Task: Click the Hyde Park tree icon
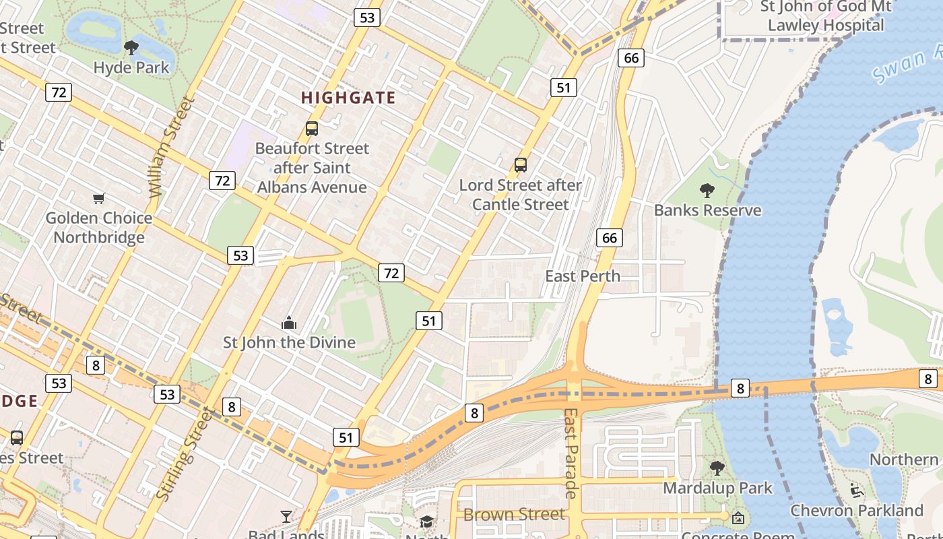coord(131,47)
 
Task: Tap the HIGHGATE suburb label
coord(348,98)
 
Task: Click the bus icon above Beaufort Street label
coord(311,128)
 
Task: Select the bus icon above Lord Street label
coord(520,164)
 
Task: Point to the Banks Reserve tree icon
coord(707,190)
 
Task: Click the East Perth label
coord(583,276)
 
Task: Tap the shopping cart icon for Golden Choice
coord(99,198)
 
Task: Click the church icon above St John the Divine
coord(289,323)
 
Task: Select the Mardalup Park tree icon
coord(717,468)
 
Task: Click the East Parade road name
coord(571,453)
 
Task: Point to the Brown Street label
coord(514,515)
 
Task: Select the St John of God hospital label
coord(825,16)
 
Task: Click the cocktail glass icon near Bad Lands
coord(286,517)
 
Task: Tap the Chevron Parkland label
coord(856,510)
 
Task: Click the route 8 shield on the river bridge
coord(740,388)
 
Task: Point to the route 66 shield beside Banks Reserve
coord(610,237)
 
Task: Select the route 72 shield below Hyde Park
coord(59,92)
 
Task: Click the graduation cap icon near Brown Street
coord(426,521)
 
